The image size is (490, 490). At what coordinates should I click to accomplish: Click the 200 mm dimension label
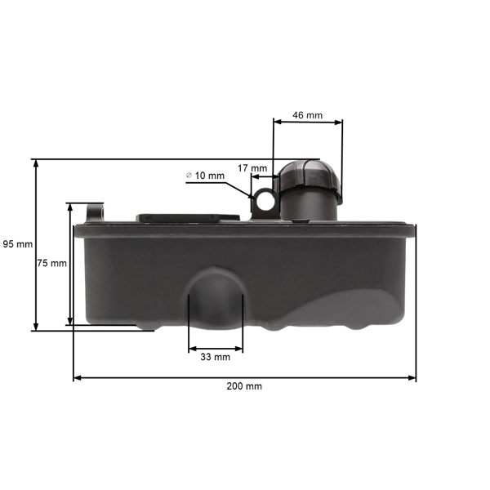click(244, 386)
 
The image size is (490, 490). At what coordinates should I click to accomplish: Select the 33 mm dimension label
click(216, 357)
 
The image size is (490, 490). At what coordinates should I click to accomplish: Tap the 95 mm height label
click(17, 244)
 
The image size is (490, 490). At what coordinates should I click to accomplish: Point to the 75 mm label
click(51, 263)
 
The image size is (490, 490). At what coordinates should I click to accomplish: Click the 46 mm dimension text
click(307, 115)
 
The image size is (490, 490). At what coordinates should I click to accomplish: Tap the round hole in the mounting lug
click(265, 197)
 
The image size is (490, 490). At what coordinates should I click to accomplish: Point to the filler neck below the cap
click(309, 205)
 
